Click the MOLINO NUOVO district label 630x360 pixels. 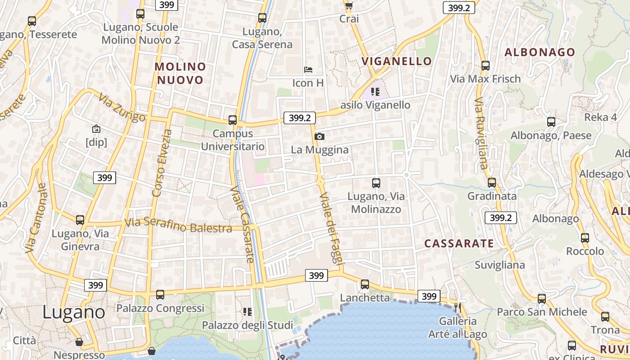[180, 73]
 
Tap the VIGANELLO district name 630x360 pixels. [396, 61]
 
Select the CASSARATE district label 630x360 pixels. [459, 243]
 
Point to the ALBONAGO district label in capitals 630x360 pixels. [540, 52]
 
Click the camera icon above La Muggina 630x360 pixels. [319, 136]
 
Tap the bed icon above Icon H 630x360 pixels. [308, 70]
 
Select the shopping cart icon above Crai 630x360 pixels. [349, 5]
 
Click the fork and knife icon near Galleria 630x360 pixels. [458, 308]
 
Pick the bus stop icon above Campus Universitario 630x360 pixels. [233, 120]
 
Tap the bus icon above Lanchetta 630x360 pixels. [365, 284]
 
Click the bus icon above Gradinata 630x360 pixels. [492, 183]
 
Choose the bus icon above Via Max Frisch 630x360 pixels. [486, 65]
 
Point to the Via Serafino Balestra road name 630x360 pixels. [178, 225]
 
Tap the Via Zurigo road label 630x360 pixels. [122, 108]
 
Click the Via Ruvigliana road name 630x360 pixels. [481, 133]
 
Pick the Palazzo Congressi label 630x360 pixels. [160, 308]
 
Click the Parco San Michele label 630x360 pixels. [542, 311]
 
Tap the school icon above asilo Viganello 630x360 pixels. [375, 92]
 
